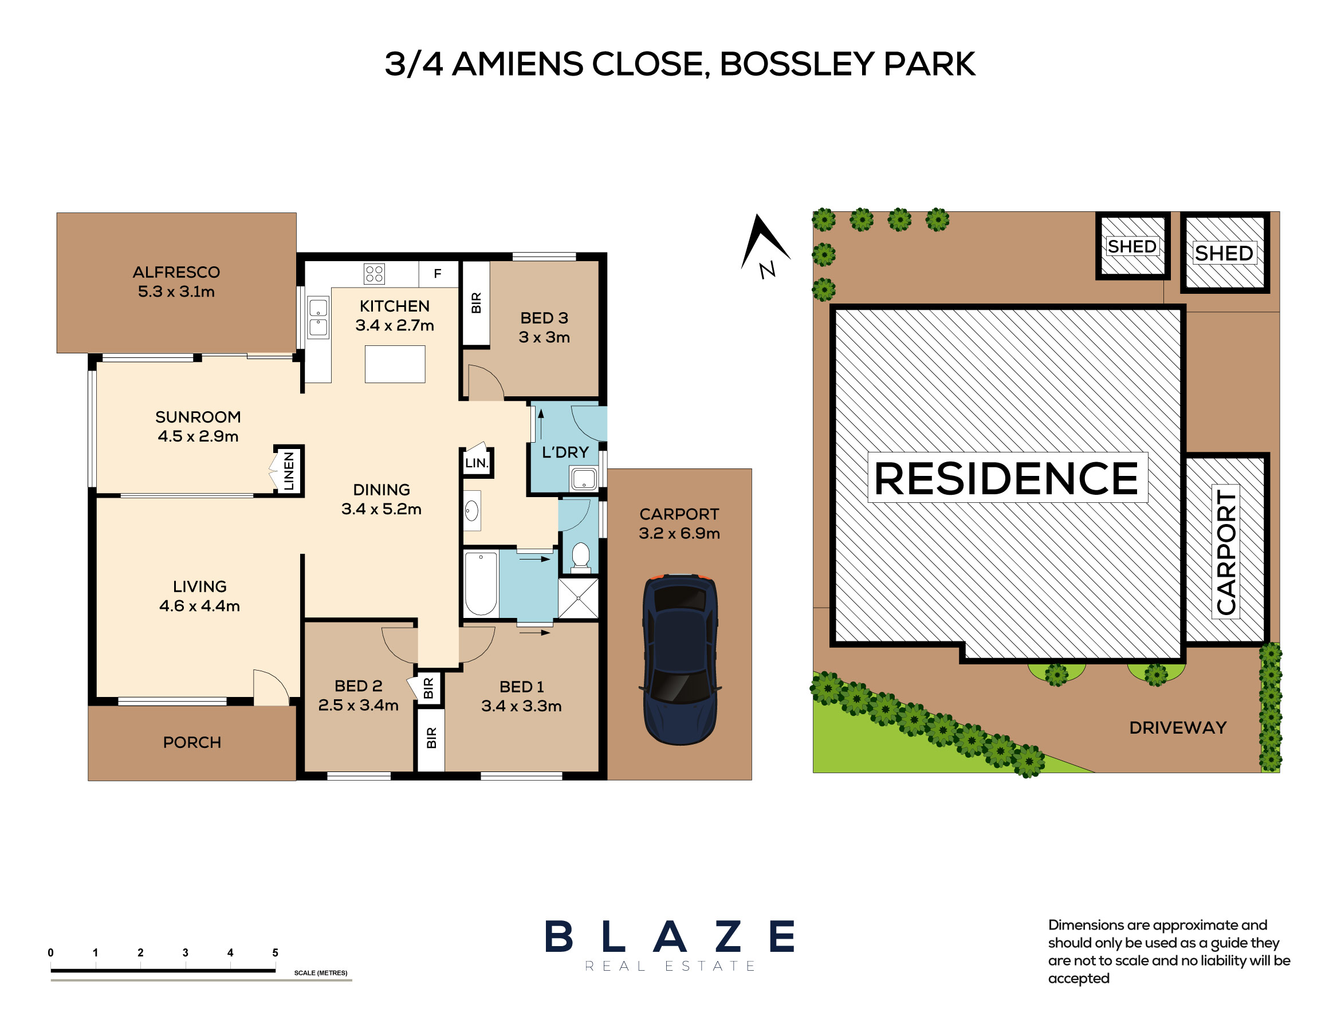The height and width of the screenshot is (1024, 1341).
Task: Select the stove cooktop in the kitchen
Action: pos(373,274)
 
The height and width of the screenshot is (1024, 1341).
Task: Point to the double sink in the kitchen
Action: pos(317,317)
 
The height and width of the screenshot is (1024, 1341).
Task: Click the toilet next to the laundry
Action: pos(580,557)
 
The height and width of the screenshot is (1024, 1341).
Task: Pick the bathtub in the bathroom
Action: pos(481,582)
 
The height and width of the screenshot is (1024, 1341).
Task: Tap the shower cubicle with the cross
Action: pos(578,598)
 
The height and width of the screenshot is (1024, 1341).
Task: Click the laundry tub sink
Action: pos(583,478)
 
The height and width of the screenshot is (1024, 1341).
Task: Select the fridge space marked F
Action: pos(438,274)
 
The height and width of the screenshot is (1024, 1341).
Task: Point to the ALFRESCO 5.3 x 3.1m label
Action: pos(176,282)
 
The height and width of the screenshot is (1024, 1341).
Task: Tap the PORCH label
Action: pos(192,742)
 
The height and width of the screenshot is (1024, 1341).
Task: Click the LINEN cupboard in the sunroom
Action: pos(288,471)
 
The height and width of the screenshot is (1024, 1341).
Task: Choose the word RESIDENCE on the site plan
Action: pos(1006,478)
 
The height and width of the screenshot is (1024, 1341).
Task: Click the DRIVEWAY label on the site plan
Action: pos(1178,728)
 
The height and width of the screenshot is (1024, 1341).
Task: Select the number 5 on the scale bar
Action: pos(275,952)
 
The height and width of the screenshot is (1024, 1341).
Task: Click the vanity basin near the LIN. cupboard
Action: pos(472,510)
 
